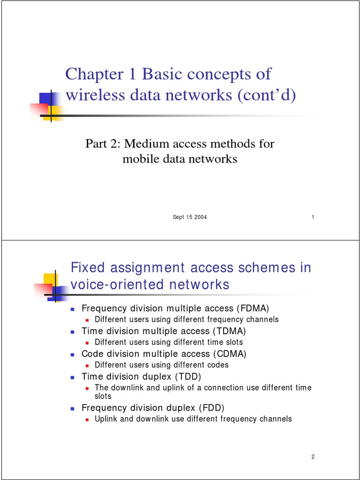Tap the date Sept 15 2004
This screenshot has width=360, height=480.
[x=190, y=217]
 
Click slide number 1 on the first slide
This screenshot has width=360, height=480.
[x=313, y=217]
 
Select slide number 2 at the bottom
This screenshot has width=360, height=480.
[x=313, y=457]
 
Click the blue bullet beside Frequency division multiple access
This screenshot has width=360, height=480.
[x=73, y=309]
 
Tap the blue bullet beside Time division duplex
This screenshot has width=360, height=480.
[x=73, y=377]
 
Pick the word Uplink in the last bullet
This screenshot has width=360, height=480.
[x=106, y=419]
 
